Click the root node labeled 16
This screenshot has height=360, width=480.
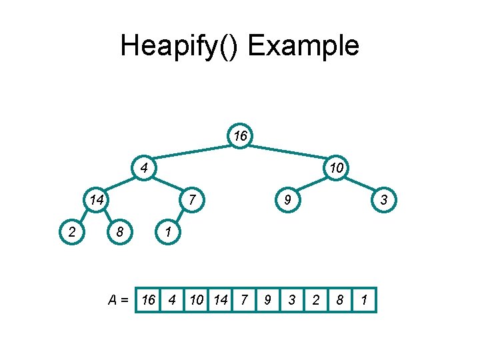[x=240, y=136]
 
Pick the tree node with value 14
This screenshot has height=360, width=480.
[x=97, y=199]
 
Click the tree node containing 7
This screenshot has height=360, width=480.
[x=191, y=199]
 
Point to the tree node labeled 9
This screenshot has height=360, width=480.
[x=287, y=199]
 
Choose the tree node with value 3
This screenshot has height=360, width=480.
[x=383, y=199]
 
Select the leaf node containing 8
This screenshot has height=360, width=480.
[x=120, y=231]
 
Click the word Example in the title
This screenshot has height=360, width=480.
[x=303, y=46]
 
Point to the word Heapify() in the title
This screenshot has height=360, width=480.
[x=180, y=46]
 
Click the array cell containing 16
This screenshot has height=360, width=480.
[x=149, y=300]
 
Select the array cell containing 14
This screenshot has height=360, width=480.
[x=220, y=300]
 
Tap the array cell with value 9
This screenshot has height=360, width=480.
[x=267, y=300]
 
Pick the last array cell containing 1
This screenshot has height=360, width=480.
[x=363, y=300]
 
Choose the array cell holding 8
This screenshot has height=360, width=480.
[x=339, y=300]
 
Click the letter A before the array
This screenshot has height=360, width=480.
[x=113, y=300]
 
